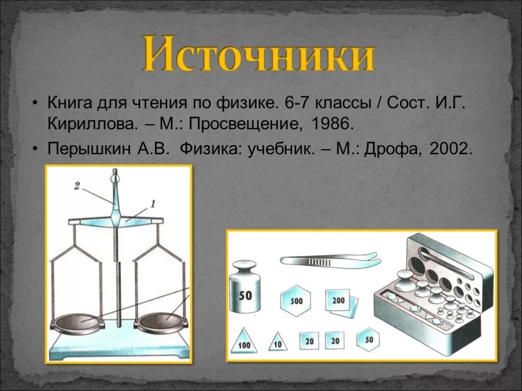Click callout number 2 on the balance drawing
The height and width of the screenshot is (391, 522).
click(x=76, y=186)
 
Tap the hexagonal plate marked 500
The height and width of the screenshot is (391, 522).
click(x=296, y=300)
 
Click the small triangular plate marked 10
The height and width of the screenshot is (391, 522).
click(x=278, y=342)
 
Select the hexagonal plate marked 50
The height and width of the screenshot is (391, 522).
click(x=369, y=339)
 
